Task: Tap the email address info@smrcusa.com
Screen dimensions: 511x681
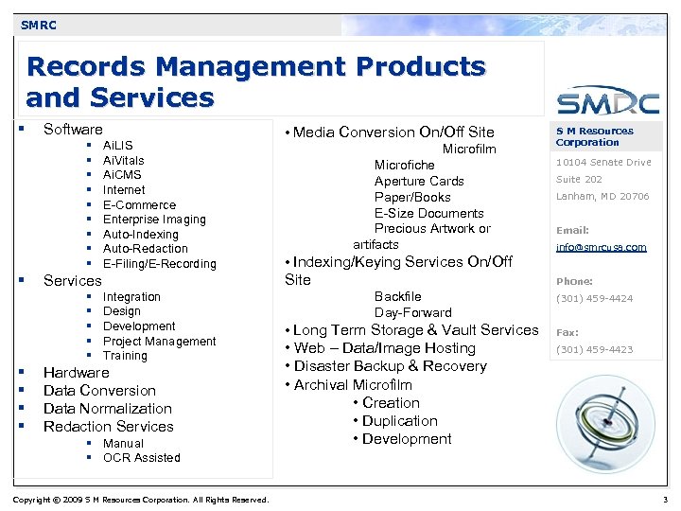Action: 601,248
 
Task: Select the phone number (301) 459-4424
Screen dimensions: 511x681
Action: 594,299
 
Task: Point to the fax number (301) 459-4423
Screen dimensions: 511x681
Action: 594,350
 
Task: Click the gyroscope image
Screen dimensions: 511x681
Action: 602,421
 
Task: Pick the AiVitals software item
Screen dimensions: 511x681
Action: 124,161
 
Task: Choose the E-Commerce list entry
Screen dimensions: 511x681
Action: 139,204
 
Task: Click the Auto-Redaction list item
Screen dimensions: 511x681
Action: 146,249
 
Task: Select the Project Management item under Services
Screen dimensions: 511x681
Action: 159,342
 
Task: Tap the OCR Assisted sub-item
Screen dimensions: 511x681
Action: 141,458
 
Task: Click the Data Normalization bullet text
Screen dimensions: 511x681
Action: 108,409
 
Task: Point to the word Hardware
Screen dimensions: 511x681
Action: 77,373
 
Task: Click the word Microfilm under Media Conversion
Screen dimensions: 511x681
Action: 469,150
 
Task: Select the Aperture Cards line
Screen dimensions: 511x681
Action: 419,182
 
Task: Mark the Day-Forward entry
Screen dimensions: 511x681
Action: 413,313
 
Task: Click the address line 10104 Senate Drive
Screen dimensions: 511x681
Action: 603,163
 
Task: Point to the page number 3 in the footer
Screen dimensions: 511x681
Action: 664,500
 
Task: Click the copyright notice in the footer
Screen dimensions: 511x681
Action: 141,500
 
